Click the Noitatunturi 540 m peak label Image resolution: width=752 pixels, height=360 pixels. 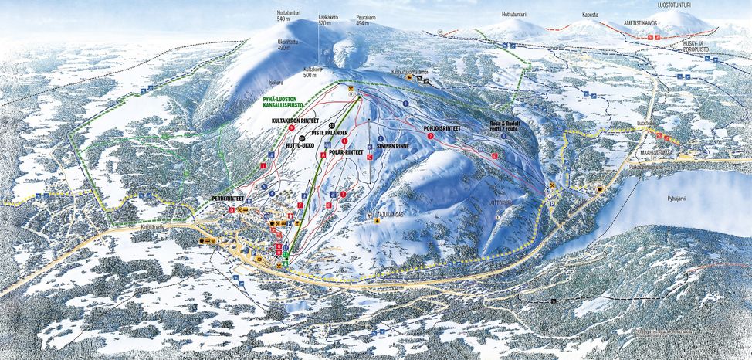(287, 15)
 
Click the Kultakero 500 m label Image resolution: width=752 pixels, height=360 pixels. (312, 72)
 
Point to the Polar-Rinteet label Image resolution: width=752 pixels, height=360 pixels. (346, 153)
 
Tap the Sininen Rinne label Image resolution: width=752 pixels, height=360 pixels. (392, 145)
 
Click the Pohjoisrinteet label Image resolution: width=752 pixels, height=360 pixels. (442, 128)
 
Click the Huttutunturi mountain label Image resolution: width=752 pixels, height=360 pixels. (518, 13)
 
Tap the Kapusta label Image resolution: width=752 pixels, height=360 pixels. (591, 15)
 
